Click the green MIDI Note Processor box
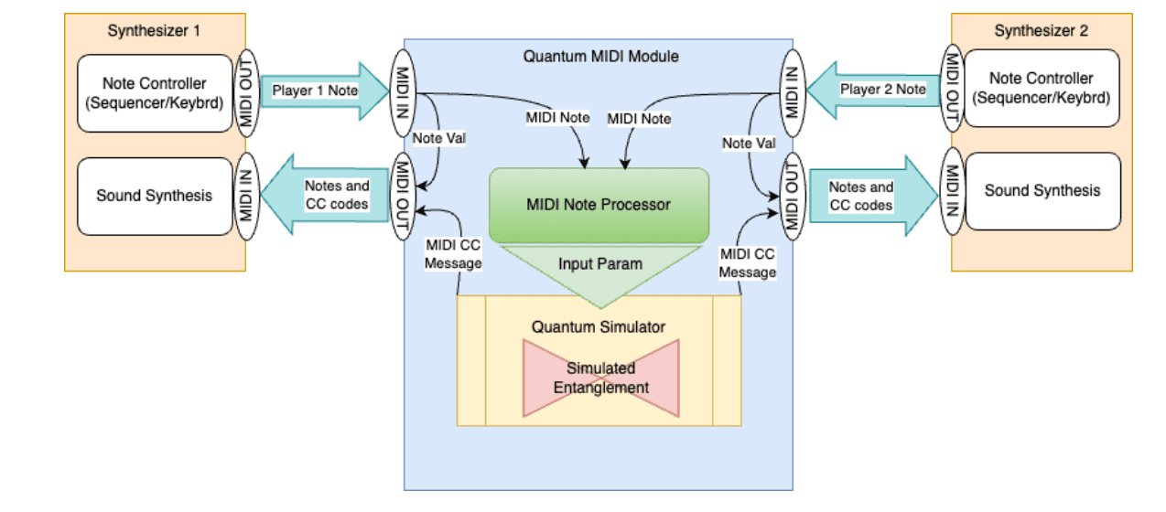[x=599, y=205]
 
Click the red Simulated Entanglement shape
[x=600, y=378]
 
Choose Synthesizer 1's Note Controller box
[x=155, y=93]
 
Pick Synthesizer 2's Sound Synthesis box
[x=1042, y=191]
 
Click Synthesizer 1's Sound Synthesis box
[x=155, y=196]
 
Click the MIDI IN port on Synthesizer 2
[x=953, y=191]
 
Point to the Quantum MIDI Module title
[x=600, y=56]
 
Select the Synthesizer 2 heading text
[x=1042, y=30]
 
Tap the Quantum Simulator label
[x=599, y=326]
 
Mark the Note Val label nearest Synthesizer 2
[x=749, y=144]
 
